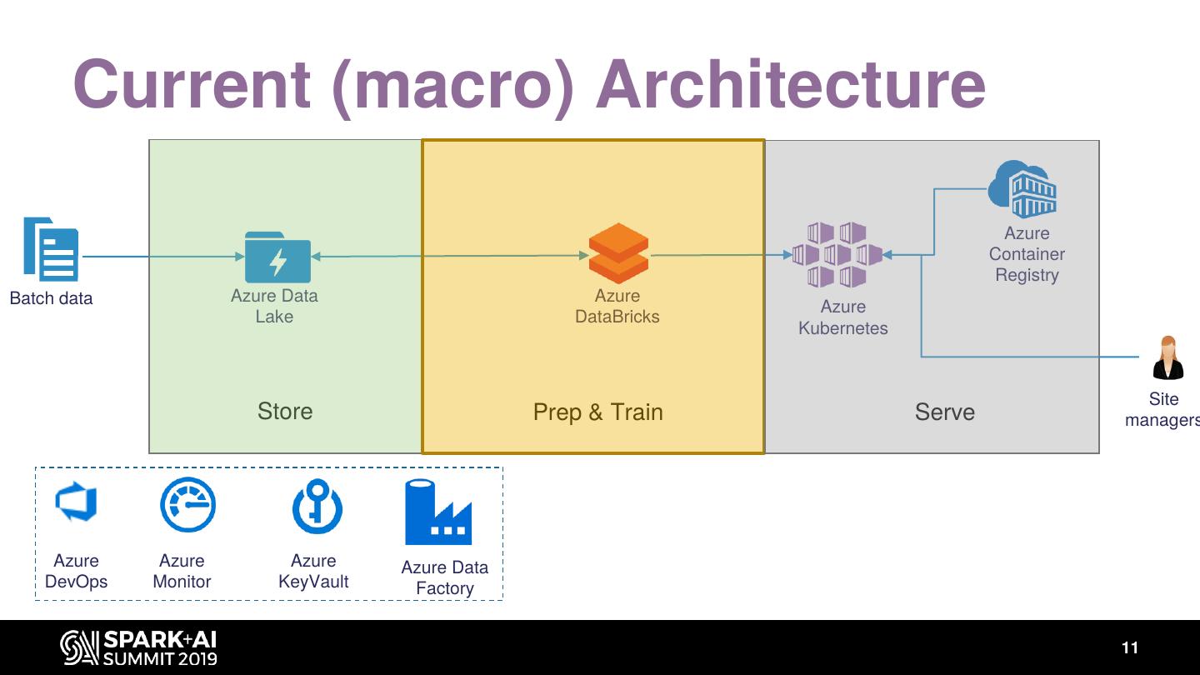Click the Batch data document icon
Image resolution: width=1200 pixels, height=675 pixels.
pos(51,249)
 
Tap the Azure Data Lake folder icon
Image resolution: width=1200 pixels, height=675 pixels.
pos(277,257)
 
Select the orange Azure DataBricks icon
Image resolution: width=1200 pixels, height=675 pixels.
pos(618,253)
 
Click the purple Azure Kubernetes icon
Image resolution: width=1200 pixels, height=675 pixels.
pos(837,255)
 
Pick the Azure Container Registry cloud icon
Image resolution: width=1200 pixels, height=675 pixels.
pos(1022,189)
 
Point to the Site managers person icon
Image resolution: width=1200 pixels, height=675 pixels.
pos(1167,358)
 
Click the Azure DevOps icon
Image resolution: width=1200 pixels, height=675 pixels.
pos(76,502)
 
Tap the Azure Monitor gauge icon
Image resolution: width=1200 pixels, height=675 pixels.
pos(187,505)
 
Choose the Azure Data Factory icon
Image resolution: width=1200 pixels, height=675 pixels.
pos(438,512)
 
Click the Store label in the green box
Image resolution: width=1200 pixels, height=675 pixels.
pos(285,411)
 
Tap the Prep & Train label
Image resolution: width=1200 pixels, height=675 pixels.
pos(597,412)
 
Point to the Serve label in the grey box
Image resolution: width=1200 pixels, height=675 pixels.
pos(944,412)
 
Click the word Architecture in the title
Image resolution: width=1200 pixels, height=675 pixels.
pos(790,84)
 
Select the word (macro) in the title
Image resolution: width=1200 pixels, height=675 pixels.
pos(453,84)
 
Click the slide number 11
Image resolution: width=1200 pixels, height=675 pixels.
pos(1129,647)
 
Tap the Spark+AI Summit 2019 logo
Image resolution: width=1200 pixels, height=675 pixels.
pos(138,647)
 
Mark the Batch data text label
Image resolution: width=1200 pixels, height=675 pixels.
pos(51,298)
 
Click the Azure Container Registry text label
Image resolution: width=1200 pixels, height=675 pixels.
pos(1027,254)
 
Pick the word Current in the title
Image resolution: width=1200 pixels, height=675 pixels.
pos(191,84)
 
